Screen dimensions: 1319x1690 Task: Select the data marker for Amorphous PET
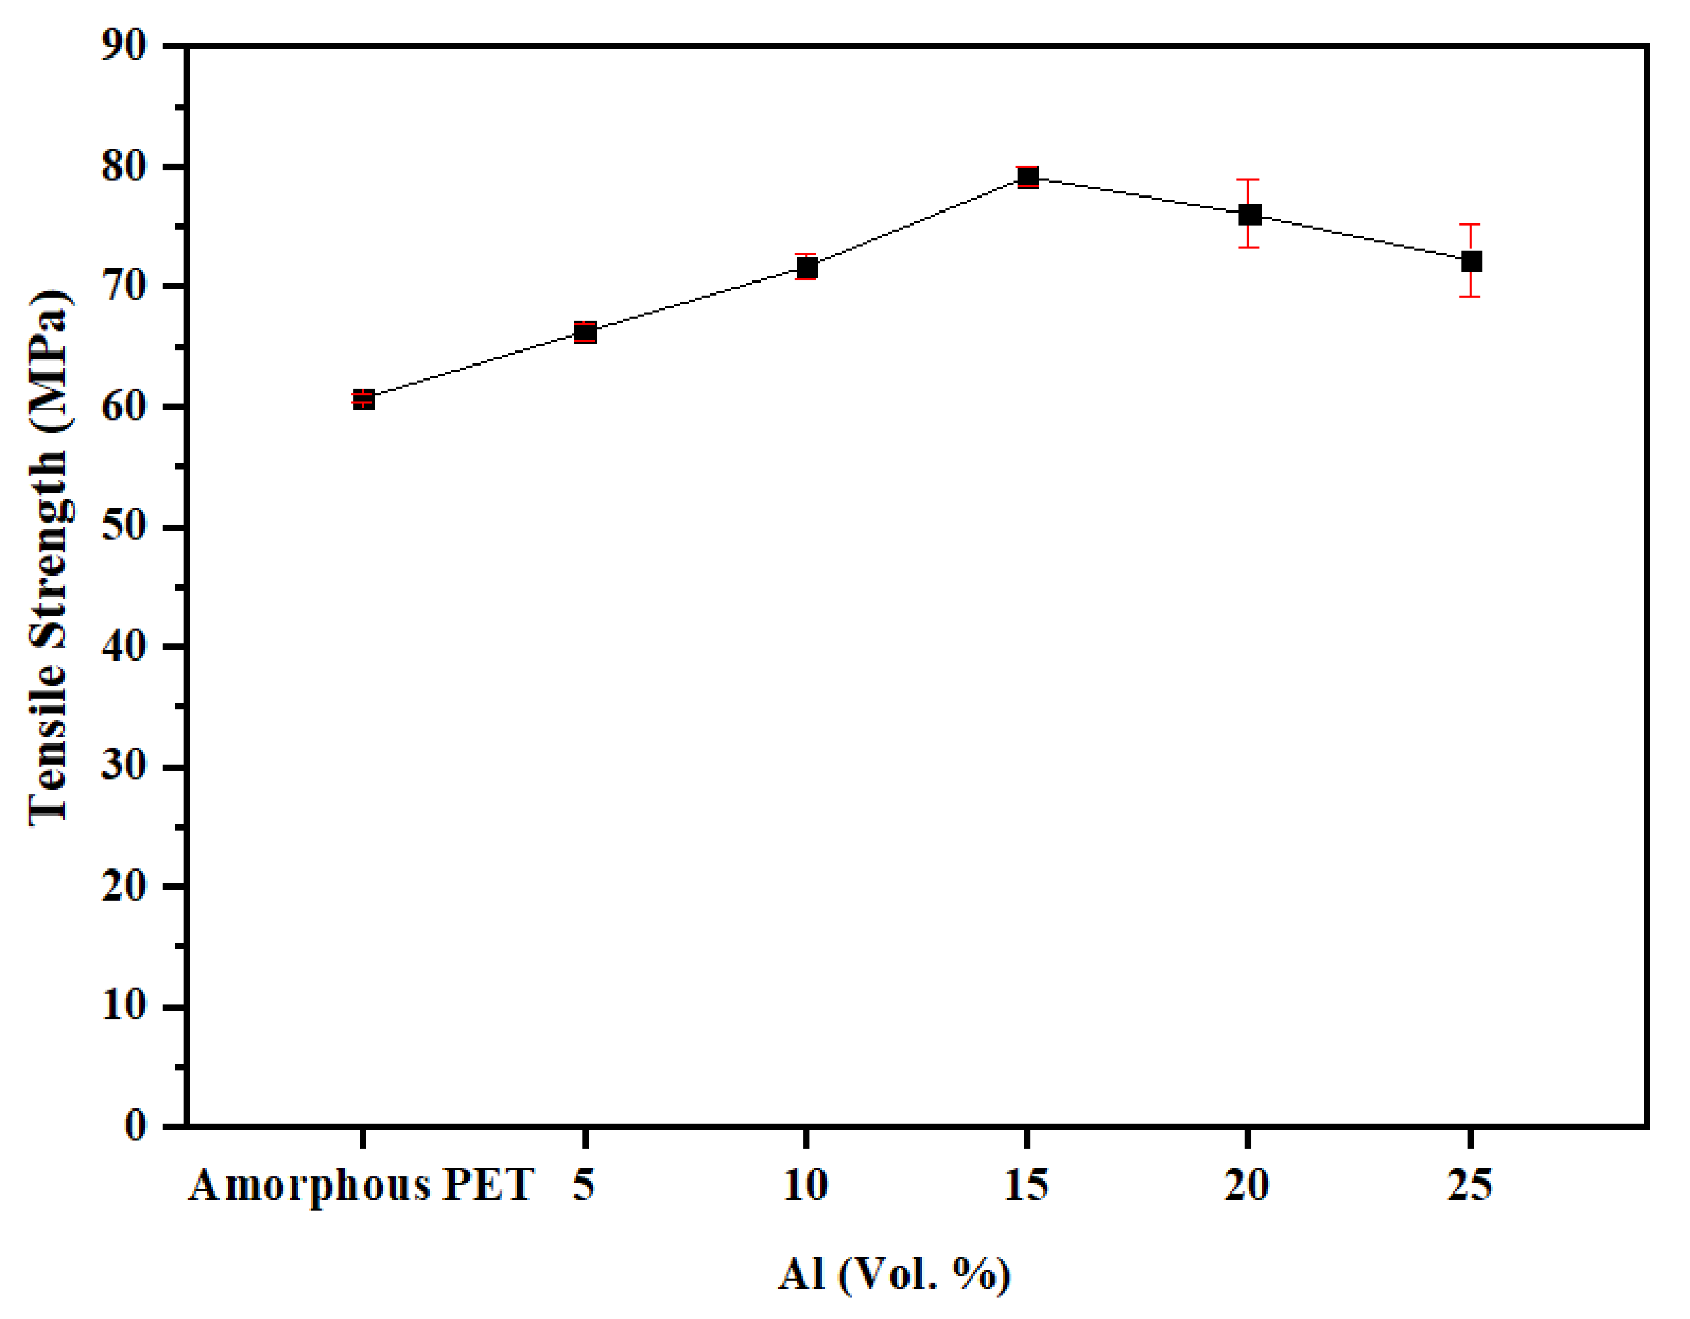click(364, 399)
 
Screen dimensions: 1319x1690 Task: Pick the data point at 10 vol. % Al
click(807, 268)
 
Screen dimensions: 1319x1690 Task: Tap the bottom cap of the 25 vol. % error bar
click(1470, 297)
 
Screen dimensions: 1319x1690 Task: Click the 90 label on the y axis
click(124, 47)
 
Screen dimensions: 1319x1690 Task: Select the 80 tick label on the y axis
click(124, 166)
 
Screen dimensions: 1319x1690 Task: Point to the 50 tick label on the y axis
click(124, 526)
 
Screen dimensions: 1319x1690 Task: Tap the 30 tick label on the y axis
click(124, 766)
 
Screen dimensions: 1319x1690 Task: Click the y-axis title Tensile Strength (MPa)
click(50, 557)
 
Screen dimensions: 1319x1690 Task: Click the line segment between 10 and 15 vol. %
click(917, 223)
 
